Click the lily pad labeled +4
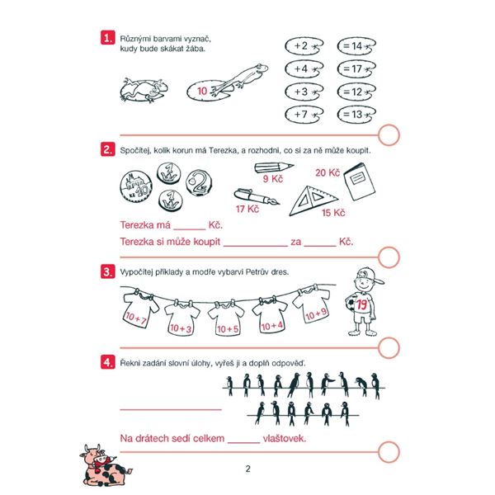304,68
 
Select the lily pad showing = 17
356,68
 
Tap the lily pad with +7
304,114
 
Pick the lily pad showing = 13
356,114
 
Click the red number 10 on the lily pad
202,92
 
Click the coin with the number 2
199,183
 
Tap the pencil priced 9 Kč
274,167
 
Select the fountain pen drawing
257,196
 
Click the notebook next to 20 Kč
359,181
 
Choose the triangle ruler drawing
313,200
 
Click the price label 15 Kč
333,213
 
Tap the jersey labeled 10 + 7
140,309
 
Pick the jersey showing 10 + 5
226,318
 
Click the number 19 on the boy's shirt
362,304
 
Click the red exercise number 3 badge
107,271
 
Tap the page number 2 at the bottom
247,469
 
